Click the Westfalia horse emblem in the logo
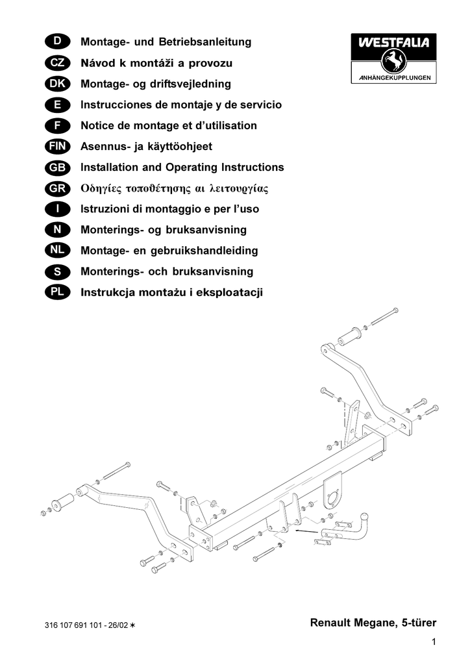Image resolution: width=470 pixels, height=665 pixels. [393, 61]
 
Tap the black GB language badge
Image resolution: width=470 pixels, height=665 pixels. [57, 168]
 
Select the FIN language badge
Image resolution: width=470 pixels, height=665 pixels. [57, 146]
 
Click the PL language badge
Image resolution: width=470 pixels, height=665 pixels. [57, 292]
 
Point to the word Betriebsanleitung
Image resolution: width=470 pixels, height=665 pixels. [205, 42]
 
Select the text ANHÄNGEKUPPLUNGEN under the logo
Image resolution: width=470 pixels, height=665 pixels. [395, 78]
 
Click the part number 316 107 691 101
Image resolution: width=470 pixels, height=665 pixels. [73, 625]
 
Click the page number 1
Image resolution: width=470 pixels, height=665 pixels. [434, 642]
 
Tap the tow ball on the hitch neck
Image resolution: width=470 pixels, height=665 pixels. [364, 518]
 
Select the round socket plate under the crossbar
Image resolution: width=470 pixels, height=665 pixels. [332, 491]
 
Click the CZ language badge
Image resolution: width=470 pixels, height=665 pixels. [57, 63]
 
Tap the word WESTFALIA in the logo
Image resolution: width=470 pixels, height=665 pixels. [393, 42]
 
